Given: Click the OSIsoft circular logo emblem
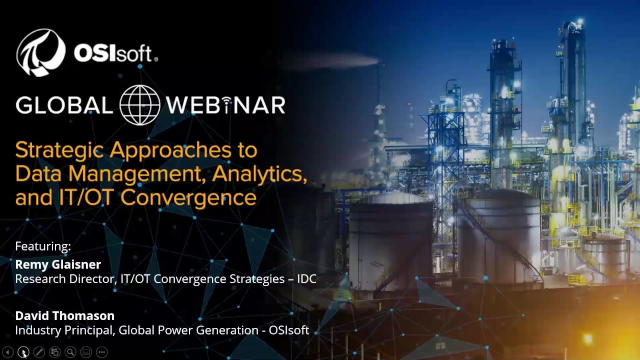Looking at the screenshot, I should coord(41,52).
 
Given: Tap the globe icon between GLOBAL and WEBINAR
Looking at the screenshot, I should coord(140,105).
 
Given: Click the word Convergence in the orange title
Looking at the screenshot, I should coord(188,197).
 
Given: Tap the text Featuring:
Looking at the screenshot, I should coord(43,246).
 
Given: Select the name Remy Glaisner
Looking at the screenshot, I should coord(58,264).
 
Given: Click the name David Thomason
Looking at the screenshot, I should coord(65,315).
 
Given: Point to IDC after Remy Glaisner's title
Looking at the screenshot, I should coord(306,279).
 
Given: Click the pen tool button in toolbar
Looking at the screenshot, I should coord(39,352).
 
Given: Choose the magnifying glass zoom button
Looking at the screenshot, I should coord(70,352).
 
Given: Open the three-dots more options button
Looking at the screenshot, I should coord(101,352).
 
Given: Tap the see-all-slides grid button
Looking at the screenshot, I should coord(54,352).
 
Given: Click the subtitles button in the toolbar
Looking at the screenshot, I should coord(86,352).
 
